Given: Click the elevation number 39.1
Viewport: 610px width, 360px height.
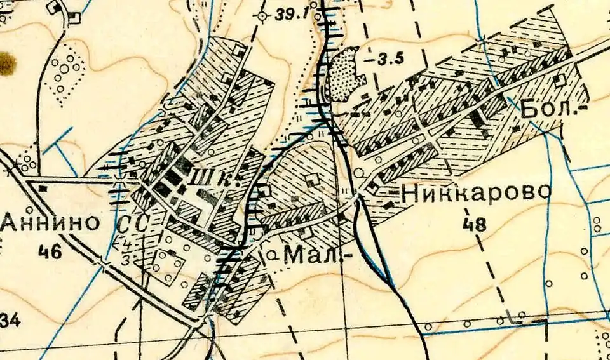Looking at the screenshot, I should pos(294,15).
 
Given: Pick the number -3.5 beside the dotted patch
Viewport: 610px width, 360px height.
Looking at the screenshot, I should pos(388,60).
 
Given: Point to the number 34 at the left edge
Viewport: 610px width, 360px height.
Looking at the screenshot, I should pos(10,321).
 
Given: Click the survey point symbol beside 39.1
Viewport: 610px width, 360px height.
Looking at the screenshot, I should pos(262,15).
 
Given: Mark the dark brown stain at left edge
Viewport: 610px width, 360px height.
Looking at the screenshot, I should pos(6,64).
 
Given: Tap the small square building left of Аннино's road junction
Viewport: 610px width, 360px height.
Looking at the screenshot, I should pos(43,188).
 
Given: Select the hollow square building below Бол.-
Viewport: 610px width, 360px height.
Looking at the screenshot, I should pos(559,80).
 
